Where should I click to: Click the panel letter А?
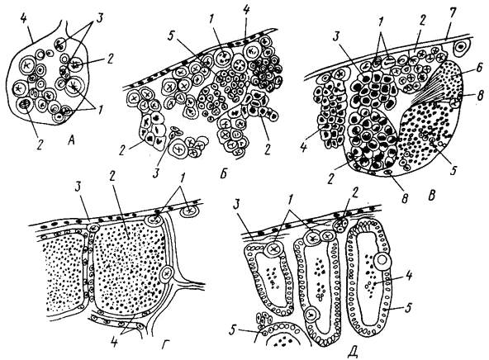point(72,141)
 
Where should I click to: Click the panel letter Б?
point(223,174)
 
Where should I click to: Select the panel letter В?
point(431,196)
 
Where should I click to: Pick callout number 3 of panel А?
point(100,19)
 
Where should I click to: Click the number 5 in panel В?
point(453,169)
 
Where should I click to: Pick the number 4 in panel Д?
point(409,275)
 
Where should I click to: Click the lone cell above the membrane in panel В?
point(461,47)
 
